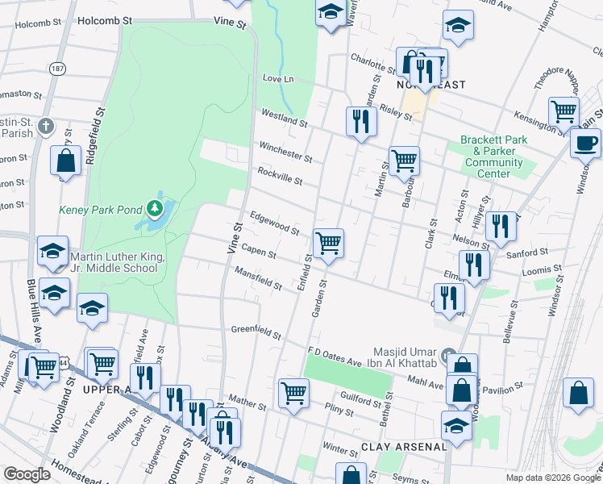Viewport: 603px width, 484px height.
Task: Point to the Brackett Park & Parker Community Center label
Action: click(493, 156)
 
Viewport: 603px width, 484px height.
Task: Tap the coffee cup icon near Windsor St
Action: click(585, 143)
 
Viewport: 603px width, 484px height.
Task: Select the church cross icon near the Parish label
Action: click(47, 127)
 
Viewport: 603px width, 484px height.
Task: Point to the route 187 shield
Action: click(56, 70)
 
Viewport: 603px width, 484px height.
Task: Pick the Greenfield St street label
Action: click(256, 330)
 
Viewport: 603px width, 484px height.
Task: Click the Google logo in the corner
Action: click(27, 474)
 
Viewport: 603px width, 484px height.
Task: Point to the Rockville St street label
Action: click(280, 177)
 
